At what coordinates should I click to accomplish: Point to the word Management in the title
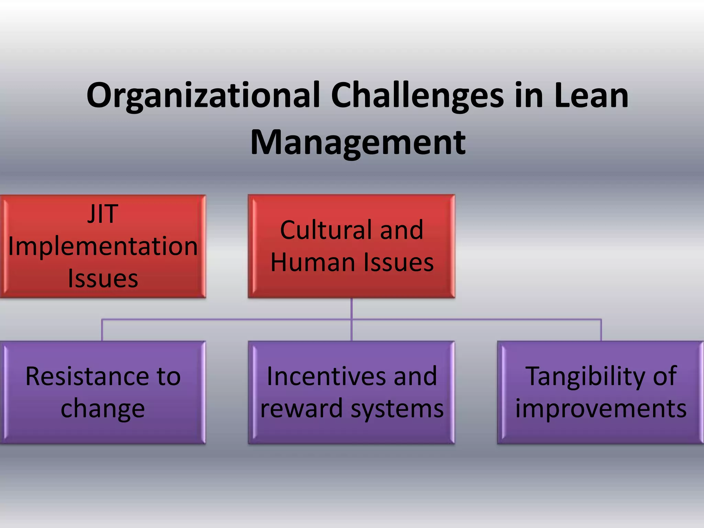click(x=358, y=143)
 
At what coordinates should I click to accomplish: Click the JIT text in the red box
click(x=102, y=214)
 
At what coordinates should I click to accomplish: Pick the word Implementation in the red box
click(x=103, y=246)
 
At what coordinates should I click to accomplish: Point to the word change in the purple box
click(x=102, y=409)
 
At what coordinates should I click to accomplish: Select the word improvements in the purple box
click(x=601, y=409)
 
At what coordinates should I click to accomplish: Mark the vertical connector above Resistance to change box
click(x=102, y=330)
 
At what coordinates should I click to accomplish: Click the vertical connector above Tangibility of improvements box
click(x=601, y=330)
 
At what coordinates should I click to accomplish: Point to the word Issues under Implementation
click(x=103, y=278)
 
